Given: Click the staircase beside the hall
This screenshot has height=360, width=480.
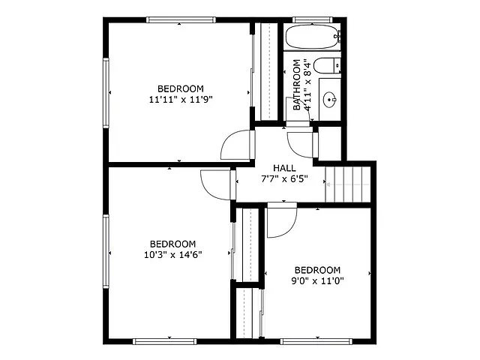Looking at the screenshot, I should pyautogui.click(x=349, y=184).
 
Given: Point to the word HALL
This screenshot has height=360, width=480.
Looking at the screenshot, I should pyautogui.click(x=284, y=168).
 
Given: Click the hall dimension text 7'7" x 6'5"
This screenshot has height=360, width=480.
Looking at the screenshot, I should pyautogui.click(x=284, y=179).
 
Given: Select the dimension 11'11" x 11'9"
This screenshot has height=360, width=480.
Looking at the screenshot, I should pyautogui.click(x=176, y=98).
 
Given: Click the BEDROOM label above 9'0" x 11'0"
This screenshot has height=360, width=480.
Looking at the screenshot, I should pyautogui.click(x=317, y=270).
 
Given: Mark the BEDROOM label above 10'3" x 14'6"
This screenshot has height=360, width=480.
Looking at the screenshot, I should pyautogui.click(x=172, y=244).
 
